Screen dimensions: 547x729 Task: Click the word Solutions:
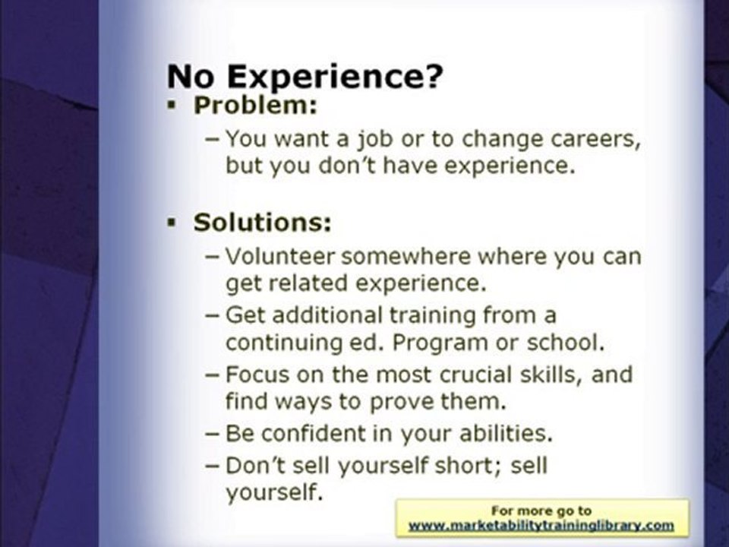263,223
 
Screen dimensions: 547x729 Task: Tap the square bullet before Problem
172,106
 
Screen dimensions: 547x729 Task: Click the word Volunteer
280,256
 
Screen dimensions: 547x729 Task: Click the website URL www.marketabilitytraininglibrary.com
541,525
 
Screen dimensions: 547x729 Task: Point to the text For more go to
541,511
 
